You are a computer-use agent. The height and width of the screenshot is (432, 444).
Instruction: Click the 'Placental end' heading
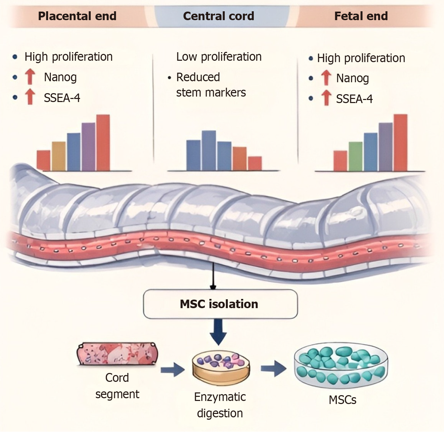(77, 16)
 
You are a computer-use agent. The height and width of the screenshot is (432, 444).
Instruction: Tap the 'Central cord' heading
(219, 16)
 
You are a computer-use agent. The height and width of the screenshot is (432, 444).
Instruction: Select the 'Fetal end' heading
(361, 16)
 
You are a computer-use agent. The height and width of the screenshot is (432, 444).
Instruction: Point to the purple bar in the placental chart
(88, 147)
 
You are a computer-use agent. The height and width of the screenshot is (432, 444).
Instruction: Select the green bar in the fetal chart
(355, 156)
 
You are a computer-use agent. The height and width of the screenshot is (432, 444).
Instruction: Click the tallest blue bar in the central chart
(209, 150)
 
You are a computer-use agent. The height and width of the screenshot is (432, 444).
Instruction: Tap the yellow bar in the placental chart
(59, 156)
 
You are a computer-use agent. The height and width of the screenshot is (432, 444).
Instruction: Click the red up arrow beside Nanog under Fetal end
(326, 78)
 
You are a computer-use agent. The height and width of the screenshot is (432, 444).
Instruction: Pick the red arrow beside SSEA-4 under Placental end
(30, 97)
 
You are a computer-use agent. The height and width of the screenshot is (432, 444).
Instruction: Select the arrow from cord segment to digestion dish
(173, 369)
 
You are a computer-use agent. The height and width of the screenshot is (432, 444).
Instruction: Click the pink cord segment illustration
(117, 354)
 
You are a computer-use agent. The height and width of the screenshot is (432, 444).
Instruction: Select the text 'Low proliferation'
(219, 57)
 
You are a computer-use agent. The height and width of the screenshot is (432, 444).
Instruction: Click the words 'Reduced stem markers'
(211, 85)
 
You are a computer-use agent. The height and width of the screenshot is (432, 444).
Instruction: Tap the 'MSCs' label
(342, 400)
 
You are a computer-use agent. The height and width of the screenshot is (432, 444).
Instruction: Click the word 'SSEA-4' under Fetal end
(354, 99)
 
